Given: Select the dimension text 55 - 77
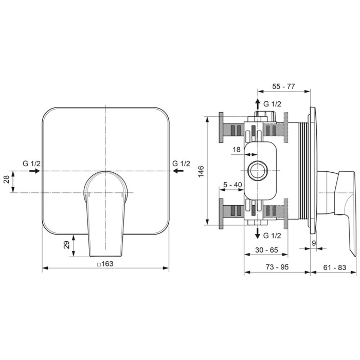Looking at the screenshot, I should [283, 86].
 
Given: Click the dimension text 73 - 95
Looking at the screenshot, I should [276, 267].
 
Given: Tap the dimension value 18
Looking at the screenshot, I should [236, 150].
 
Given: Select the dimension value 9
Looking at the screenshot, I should [313, 241].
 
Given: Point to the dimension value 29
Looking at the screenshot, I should [66, 245].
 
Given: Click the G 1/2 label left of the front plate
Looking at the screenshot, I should [31, 163].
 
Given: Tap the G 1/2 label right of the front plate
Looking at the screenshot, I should [181, 163].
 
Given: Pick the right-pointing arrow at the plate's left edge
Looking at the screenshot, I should [34, 171].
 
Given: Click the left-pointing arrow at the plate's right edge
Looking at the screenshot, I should [178, 171].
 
